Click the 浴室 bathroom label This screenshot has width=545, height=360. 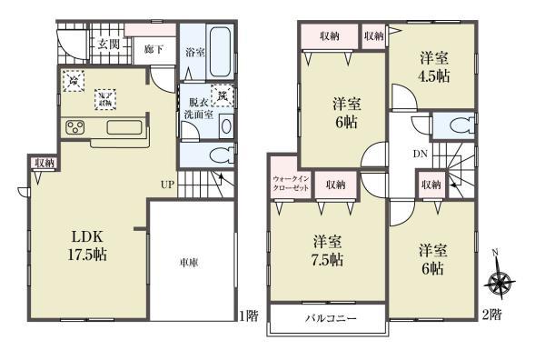point(194,53)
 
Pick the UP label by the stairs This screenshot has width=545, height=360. point(168,185)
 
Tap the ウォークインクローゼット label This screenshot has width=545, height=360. point(291,184)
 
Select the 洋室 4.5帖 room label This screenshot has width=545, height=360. point(432,66)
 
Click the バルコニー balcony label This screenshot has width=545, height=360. point(329,319)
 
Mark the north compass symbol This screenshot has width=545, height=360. point(498,283)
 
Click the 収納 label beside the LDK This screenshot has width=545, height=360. point(44,163)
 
